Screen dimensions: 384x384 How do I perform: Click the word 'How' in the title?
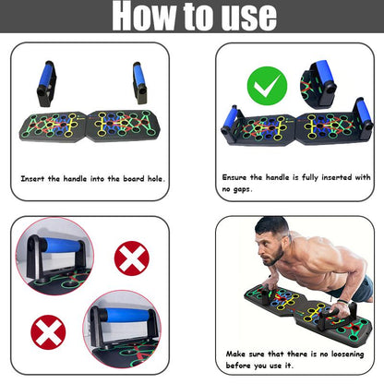pos(146,17)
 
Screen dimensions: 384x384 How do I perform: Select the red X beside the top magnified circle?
pos(131,258)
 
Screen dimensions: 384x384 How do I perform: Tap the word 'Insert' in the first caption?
pos(37,177)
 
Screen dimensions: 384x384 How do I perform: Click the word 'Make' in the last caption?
pos(235,354)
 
